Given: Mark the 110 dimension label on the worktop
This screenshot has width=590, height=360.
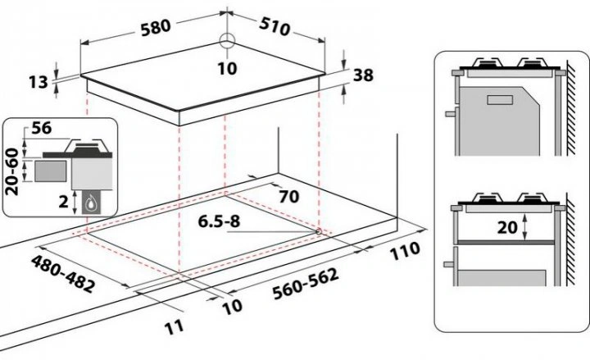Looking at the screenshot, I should (x=405, y=249).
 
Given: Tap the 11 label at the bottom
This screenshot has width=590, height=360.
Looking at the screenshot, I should (x=172, y=329).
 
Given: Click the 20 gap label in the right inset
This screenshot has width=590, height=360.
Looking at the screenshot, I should (x=507, y=228).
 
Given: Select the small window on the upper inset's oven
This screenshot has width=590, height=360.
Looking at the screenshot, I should (x=499, y=101).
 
